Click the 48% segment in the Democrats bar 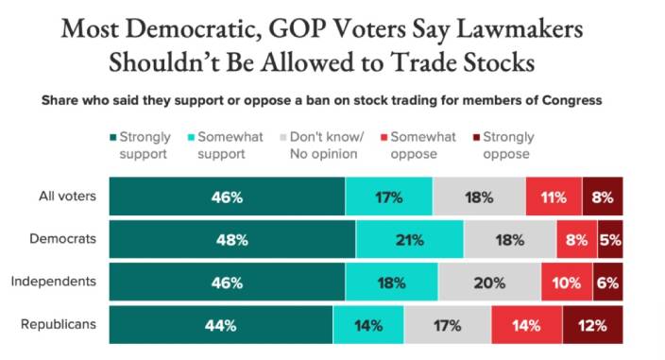[232, 239]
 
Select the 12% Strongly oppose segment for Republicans [593, 325]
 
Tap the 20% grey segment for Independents [490, 282]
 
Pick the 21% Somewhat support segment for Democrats [410, 239]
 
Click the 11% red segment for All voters [554, 197]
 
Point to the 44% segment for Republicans [221, 325]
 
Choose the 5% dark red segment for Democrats [610, 239]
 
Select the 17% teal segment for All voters [389, 197]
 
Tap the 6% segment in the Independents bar [607, 282]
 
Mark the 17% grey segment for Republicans [448, 325]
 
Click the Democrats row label [62, 239]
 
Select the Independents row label [54, 282]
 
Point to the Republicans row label [59, 324]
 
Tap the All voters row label [67, 196]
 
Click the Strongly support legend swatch [113, 137]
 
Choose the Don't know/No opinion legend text [327, 145]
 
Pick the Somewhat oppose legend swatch [384, 137]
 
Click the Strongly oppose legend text [508, 145]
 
